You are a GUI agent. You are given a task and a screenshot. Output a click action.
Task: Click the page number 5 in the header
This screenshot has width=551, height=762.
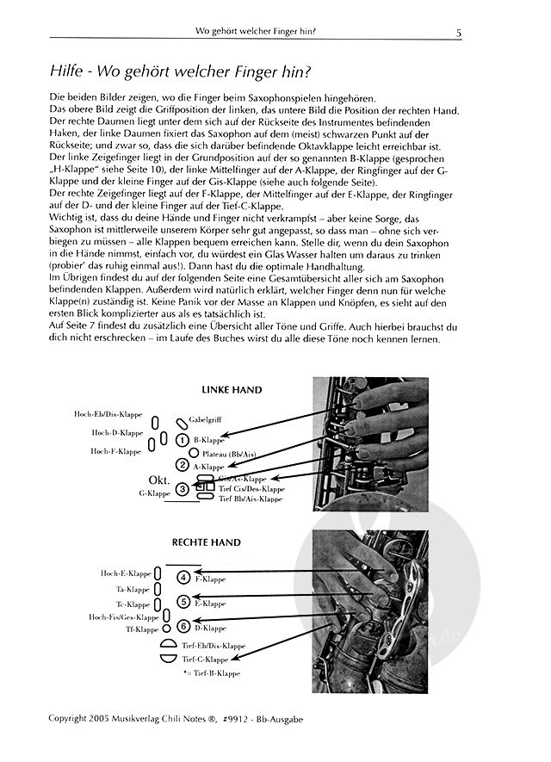[x=459, y=34]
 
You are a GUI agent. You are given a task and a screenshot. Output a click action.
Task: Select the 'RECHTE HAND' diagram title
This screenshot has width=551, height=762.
[x=230, y=543]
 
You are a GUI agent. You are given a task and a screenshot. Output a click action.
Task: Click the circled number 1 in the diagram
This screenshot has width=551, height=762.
[x=183, y=440]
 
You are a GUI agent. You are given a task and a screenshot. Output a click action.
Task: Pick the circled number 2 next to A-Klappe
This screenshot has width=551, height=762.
[x=183, y=465]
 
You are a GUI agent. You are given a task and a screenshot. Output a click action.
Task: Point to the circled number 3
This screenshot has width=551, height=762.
[x=183, y=489]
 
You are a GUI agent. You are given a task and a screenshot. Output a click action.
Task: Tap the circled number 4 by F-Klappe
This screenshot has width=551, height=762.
[x=183, y=577]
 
